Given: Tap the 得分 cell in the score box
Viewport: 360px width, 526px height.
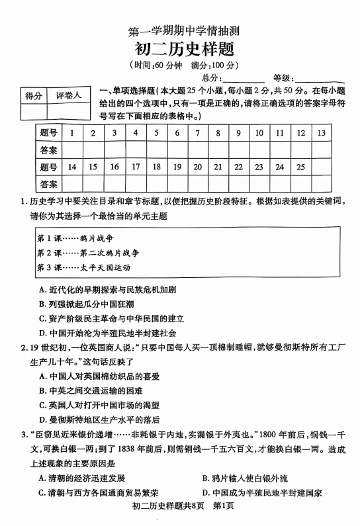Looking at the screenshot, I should (34, 95).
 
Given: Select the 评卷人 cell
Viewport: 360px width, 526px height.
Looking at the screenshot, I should (68, 95).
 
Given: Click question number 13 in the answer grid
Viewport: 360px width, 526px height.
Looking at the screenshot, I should (321, 133).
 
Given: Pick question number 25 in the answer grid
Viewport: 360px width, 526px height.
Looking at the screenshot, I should (300, 167).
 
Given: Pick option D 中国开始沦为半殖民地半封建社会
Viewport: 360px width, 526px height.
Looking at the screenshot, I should (111, 333).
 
